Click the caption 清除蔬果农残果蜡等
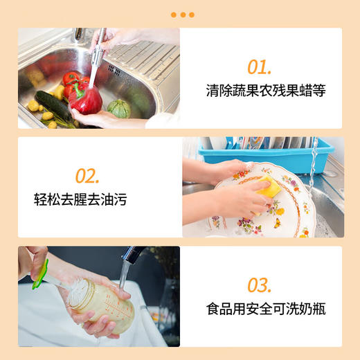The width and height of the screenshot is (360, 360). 266,91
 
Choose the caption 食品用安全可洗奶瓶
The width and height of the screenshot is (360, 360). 266,309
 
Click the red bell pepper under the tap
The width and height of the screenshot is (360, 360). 86,98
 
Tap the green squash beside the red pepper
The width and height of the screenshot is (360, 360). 118,108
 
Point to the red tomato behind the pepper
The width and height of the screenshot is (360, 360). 71,79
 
